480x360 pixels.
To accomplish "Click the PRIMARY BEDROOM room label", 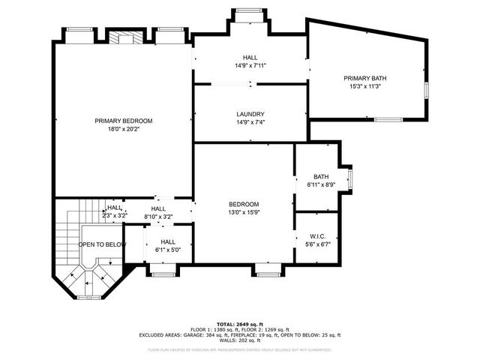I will click(123, 121).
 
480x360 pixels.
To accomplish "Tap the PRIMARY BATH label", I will click(365, 78).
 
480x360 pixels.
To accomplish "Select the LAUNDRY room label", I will click(250, 115).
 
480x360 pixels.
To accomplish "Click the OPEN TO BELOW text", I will click(102, 244).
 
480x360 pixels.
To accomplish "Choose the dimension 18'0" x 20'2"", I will click(123, 128).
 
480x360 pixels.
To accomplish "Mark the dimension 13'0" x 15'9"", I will click(244, 211).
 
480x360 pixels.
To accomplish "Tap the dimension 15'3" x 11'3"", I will click(365, 85).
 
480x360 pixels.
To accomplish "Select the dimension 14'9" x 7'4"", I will click(250, 122).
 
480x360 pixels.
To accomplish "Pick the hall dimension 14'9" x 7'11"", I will click(250, 65).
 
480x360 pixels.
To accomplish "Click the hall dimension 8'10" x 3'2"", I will click(158, 217).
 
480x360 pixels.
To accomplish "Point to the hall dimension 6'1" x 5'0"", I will click(167, 250).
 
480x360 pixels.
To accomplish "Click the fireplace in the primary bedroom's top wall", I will click(119, 37).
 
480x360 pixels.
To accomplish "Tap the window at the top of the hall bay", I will click(250, 10).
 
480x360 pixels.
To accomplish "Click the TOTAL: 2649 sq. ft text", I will click(239, 323).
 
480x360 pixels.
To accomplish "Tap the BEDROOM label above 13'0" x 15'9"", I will click(244, 204).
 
